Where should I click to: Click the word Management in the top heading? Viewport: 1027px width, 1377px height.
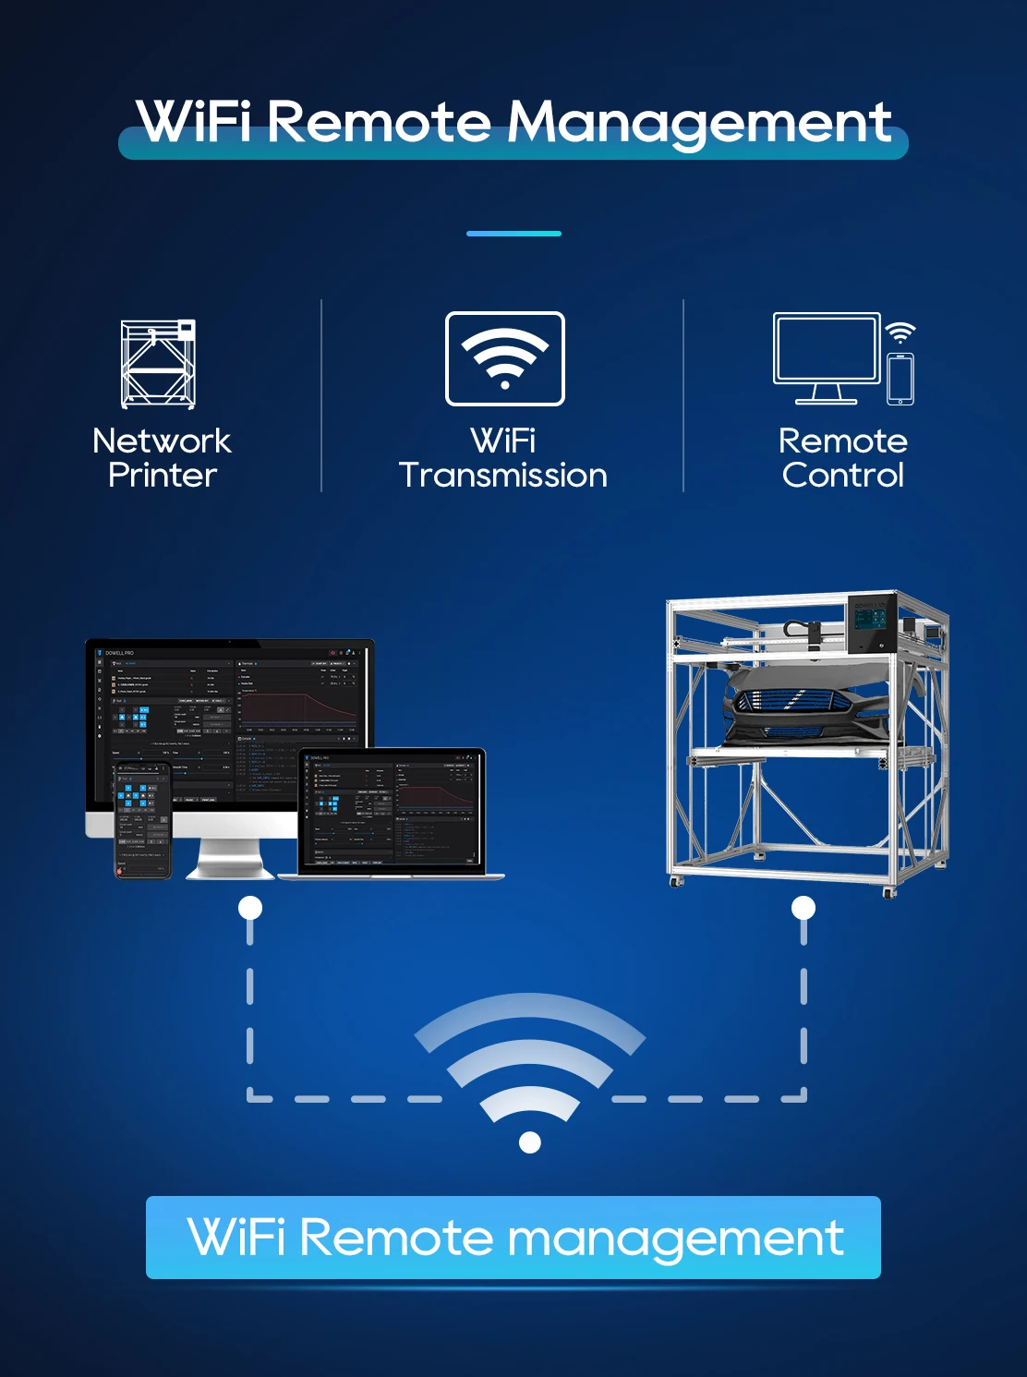pos(699,124)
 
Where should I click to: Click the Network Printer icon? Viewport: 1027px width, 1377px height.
pos(159,364)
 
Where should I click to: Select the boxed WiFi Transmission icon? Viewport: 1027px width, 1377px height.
pos(504,358)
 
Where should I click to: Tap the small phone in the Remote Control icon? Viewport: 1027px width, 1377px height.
pos(900,379)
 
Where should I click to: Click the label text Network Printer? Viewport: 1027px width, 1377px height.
pos(162,458)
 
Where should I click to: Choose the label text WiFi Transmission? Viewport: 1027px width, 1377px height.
pos(503,458)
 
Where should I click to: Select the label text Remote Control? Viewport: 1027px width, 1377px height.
pos(843,458)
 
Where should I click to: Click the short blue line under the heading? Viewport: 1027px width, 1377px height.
pos(513,234)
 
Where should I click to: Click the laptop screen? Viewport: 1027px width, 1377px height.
pos(393,809)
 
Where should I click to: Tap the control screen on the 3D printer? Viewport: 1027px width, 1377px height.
pos(871,625)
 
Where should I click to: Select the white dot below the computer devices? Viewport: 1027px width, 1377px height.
pos(250,908)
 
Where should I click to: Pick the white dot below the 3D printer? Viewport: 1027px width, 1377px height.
pos(803,908)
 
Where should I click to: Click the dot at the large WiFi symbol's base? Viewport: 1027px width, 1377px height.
pos(530,1142)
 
